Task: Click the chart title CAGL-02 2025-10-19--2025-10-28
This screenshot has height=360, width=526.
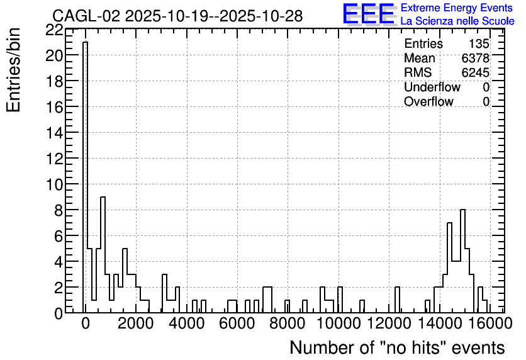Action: tap(177, 16)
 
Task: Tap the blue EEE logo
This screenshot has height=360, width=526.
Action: tap(369, 14)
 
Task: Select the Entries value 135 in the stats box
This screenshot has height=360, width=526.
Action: tap(479, 43)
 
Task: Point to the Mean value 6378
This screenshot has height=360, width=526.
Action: tap(475, 58)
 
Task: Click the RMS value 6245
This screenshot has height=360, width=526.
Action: tap(475, 72)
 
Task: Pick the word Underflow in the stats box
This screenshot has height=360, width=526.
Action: tap(432, 87)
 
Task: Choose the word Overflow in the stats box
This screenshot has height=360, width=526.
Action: tap(428, 101)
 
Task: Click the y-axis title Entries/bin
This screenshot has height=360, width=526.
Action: tap(13, 70)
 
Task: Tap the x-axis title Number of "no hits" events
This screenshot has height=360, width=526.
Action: tap(397, 347)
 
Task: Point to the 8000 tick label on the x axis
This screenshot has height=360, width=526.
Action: tap(288, 323)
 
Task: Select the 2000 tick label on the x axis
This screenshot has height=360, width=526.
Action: tap(136, 323)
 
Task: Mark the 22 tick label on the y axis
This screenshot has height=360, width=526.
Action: tap(54, 30)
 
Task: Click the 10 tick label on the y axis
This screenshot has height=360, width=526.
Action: tap(54, 184)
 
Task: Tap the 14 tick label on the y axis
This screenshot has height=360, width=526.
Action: tap(54, 133)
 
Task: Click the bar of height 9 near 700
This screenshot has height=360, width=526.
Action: tap(103, 255)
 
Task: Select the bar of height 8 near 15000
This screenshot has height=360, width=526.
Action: tap(462, 261)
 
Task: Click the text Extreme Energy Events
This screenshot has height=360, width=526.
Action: tap(457, 8)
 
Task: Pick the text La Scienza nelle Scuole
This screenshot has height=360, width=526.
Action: tap(457, 21)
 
